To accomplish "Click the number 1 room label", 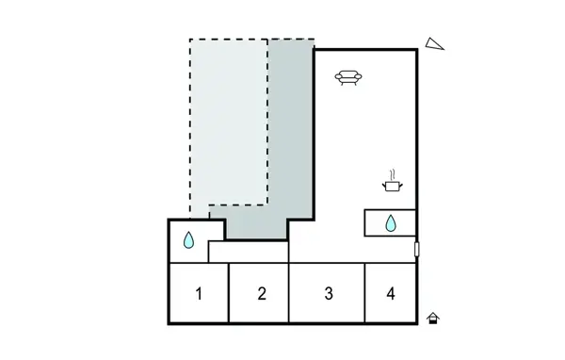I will pos(199,293).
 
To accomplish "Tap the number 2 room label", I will pos(262,293).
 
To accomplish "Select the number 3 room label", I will pos(328,293).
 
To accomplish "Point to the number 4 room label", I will pos(390,293).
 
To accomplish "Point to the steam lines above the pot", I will pos(392,173).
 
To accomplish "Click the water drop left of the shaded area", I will pos(188,240).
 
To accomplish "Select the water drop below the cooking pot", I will pos(391,223).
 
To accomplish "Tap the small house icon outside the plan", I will pos(433,319).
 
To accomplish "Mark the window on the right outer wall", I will pos(416,250).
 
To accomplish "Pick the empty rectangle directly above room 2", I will pos(248,252).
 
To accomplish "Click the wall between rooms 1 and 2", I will pos(229,293).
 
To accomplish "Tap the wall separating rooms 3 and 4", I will pos(364,293).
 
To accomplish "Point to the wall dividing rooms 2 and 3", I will pos(289,293).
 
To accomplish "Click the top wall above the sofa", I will pos(365,49).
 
